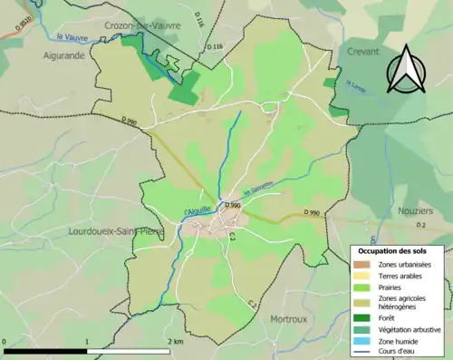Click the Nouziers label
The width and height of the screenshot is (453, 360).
coord(416,210)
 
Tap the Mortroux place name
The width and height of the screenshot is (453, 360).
coord(291,319)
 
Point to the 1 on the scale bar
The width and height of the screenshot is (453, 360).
coord(87,342)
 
